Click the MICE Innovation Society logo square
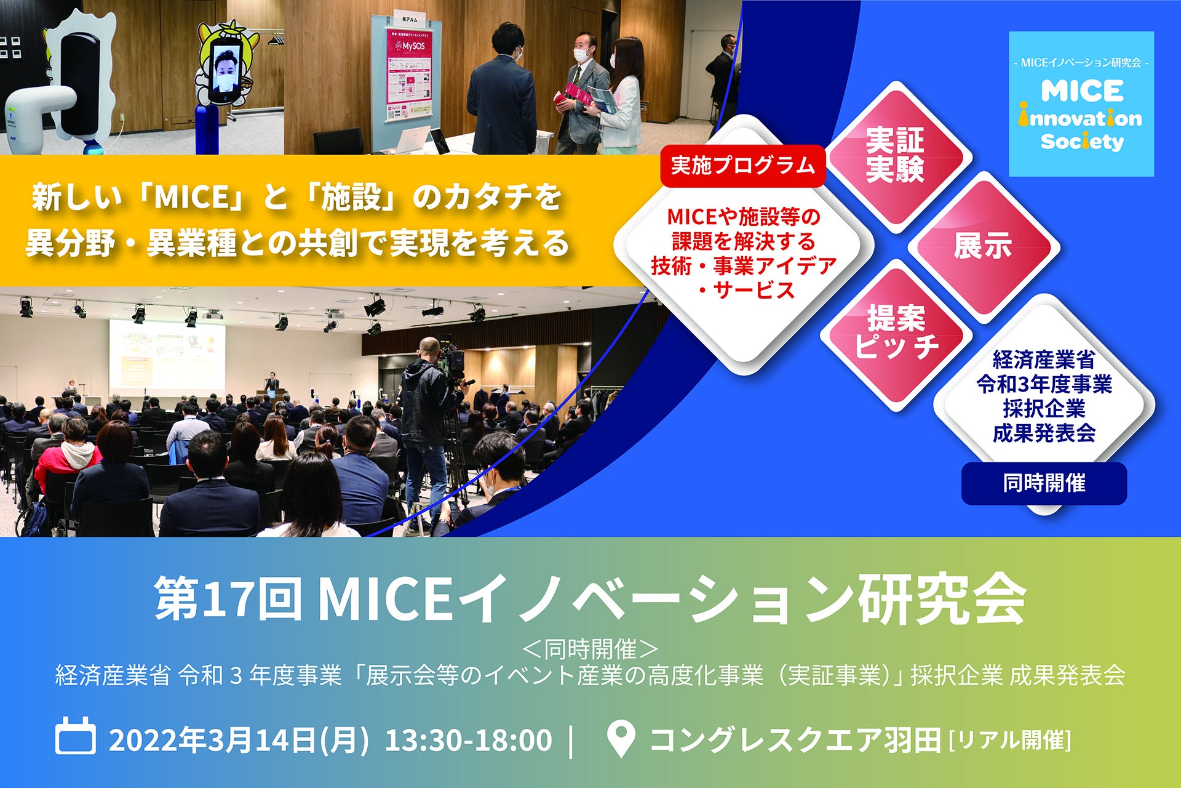click(1081, 104)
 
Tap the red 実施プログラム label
click(742, 166)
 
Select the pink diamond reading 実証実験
click(896, 156)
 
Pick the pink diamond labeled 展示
click(983, 246)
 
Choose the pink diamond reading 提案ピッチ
click(896, 335)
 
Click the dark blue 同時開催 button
click(1044, 483)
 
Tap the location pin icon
click(621, 738)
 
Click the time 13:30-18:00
click(468, 739)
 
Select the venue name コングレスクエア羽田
click(795, 739)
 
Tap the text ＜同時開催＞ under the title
click(590, 648)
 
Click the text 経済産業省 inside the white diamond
click(1044, 359)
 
